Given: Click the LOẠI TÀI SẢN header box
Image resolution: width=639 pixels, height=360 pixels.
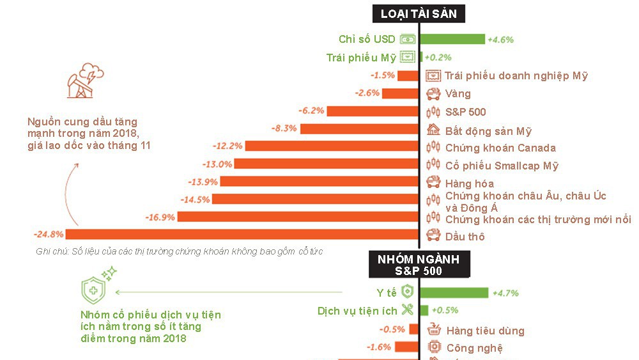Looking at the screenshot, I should point(419,13).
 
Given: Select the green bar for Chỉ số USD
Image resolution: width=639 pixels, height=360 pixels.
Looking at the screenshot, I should point(453,39).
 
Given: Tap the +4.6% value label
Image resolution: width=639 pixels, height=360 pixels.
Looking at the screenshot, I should point(500,39).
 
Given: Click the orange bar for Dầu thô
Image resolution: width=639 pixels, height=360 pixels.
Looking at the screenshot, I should point(229,236).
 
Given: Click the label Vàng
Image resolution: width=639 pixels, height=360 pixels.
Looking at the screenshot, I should point(458,94).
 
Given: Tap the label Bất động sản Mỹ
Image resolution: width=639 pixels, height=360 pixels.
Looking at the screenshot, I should point(488,130).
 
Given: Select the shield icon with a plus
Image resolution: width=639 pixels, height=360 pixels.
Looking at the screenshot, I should point(93,289).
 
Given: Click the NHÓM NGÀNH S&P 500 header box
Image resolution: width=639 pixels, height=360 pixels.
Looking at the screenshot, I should point(419,264).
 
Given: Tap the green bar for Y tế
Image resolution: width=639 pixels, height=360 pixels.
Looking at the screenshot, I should point(454,293).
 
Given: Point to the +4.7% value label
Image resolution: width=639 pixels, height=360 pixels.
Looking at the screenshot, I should point(505,293).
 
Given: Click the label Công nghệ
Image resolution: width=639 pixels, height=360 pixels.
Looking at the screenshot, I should point(474,348).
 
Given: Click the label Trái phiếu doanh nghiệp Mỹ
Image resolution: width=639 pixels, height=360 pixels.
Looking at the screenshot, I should point(516,75).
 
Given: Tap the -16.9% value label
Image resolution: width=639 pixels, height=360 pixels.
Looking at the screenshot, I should point(160,217).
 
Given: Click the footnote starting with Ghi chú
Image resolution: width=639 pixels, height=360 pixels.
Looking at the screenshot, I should point(180,251).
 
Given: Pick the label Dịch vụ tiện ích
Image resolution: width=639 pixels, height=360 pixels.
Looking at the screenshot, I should point(357,311).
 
